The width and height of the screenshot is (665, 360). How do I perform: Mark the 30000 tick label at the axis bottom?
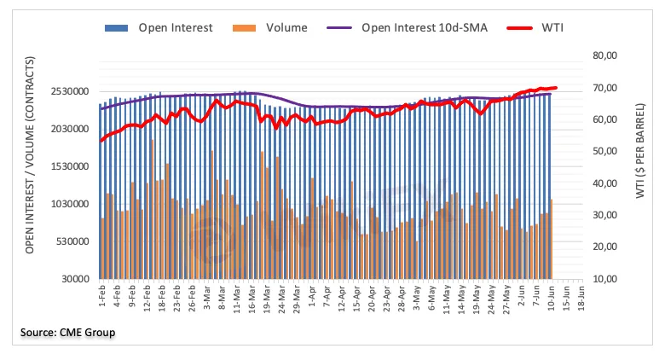point(74,279)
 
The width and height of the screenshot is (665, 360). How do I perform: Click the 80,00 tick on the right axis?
point(606,55)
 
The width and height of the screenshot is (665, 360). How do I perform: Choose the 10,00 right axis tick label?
point(606,279)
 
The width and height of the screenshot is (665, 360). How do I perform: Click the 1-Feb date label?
point(102,294)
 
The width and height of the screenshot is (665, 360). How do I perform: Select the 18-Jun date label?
point(580,295)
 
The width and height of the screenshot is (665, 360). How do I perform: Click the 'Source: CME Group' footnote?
point(69,331)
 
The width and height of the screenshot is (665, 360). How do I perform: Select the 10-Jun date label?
point(552,295)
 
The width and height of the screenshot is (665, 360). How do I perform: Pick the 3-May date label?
point(418,294)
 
